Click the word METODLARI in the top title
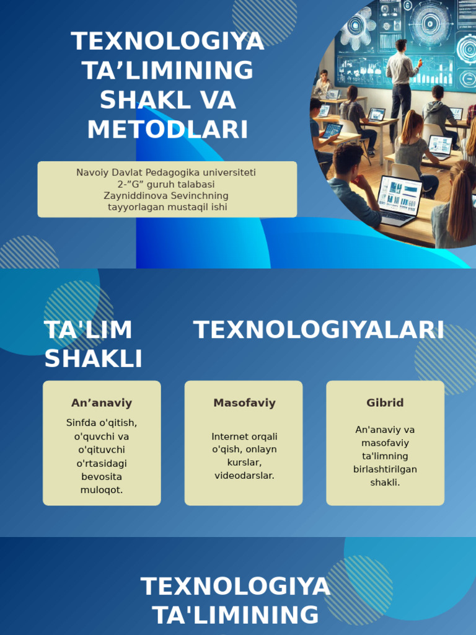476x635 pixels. coord(167,130)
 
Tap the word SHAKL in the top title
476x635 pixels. coord(133,100)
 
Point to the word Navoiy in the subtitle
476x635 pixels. coord(92,172)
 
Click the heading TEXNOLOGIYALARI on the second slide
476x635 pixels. coord(319,330)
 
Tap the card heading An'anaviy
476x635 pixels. coord(102,402)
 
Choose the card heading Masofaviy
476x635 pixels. coord(244,402)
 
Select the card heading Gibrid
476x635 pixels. coord(385,402)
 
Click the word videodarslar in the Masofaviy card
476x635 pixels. coord(244,476)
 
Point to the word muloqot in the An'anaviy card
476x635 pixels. coord(102,490)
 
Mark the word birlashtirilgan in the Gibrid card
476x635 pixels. coord(385,469)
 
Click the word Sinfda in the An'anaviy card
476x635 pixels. coord(84,422)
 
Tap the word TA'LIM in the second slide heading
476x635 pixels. coord(88,330)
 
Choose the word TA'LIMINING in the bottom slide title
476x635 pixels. coord(236,615)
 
